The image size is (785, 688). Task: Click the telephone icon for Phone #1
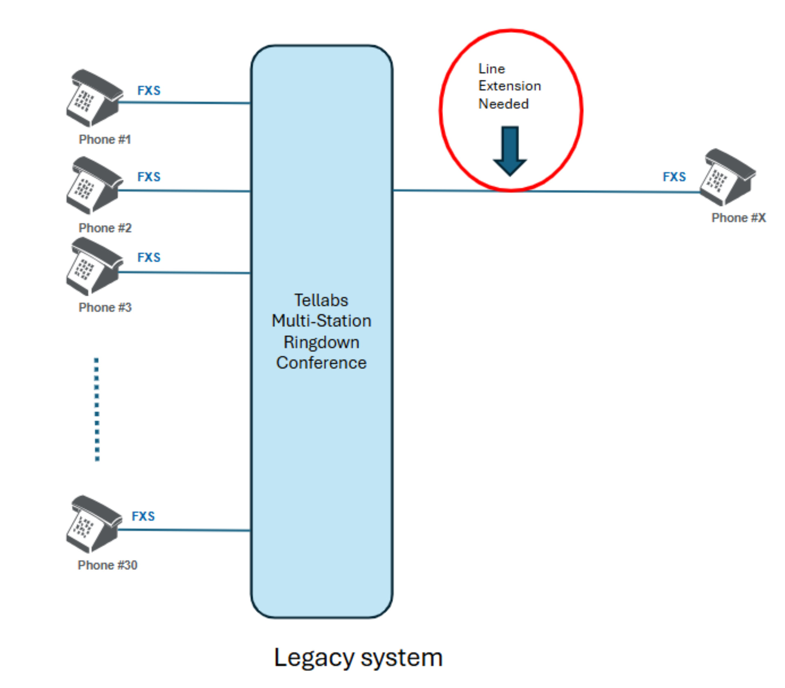pyautogui.click(x=94, y=98)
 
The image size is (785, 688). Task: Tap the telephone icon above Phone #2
pyautogui.click(x=94, y=185)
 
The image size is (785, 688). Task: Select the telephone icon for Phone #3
pyautogui.click(x=94, y=267)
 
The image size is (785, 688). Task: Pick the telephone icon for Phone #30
pyautogui.click(x=94, y=525)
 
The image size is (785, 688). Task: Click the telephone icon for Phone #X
pyautogui.click(x=727, y=178)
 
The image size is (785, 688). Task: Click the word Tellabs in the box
pyautogui.click(x=321, y=300)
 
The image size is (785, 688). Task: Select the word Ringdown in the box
pyautogui.click(x=321, y=342)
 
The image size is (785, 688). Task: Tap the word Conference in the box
pyautogui.click(x=321, y=363)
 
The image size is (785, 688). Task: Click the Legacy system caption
pyautogui.click(x=358, y=657)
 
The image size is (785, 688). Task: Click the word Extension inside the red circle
pyautogui.click(x=509, y=86)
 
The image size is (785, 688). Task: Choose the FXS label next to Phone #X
pyautogui.click(x=674, y=177)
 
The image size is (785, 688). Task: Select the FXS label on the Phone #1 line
pyautogui.click(x=149, y=90)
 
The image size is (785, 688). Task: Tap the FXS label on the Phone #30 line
pyautogui.click(x=143, y=516)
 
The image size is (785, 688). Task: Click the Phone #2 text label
pyautogui.click(x=105, y=228)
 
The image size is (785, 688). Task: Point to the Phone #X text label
pyautogui.click(x=738, y=218)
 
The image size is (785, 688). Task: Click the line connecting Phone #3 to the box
pyautogui.click(x=184, y=273)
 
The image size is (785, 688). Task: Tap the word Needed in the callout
pyautogui.click(x=503, y=104)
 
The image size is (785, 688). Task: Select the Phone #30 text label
pyautogui.click(x=108, y=565)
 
